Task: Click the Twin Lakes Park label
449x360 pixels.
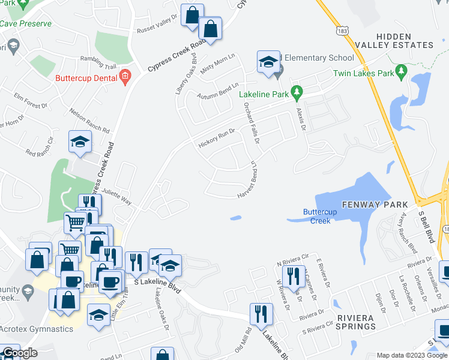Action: point(363,74)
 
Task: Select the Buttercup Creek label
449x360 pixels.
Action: point(316,216)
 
